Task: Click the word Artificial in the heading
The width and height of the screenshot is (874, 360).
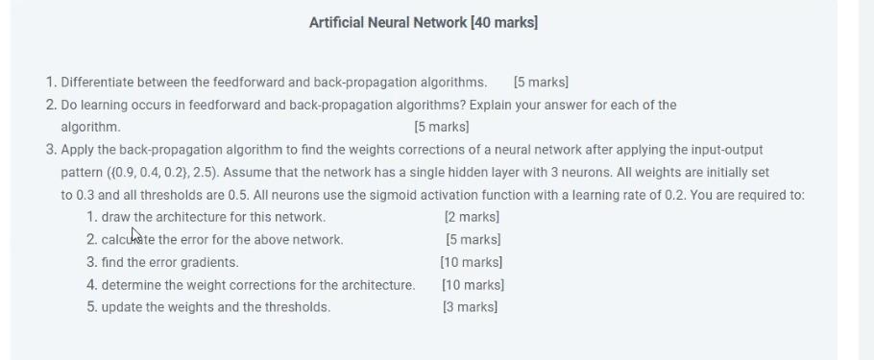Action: tap(336, 22)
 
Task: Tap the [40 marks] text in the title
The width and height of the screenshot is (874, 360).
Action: tap(504, 22)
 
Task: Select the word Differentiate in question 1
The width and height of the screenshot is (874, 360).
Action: tap(99, 82)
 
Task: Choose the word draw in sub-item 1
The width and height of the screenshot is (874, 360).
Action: tap(115, 217)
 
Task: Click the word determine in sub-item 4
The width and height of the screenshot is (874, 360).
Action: tap(131, 285)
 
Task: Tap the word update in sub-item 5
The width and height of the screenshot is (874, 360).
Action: tap(121, 307)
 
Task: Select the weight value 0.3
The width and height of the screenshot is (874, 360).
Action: tap(85, 195)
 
